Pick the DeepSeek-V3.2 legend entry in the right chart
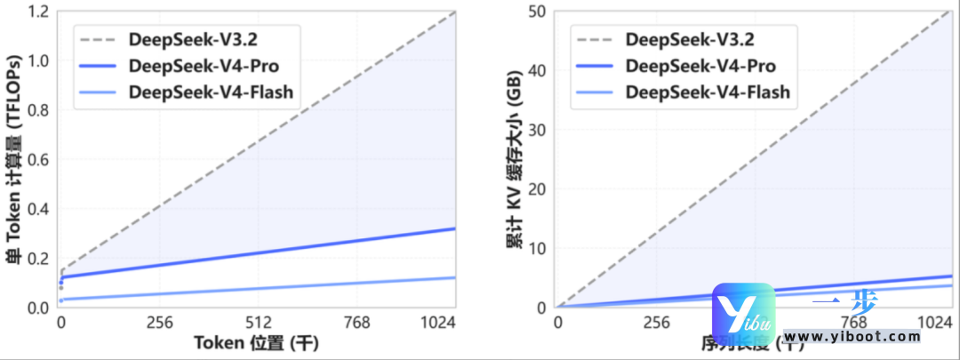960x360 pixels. click(x=690, y=40)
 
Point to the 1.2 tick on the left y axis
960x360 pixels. click(x=39, y=12)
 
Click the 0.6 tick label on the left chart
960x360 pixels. click(x=39, y=160)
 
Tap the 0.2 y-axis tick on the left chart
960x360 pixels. click(x=39, y=259)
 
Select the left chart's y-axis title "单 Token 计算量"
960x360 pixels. click(x=14, y=160)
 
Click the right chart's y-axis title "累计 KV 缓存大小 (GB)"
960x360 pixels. click(x=514, y=160)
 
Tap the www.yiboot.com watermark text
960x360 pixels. click(x=853, y=337)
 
